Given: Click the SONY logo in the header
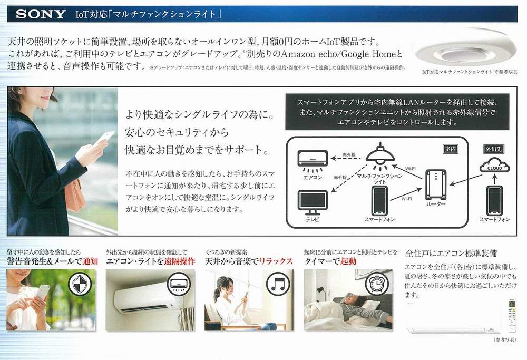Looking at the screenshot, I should (41, 13).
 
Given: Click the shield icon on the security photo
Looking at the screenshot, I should (80, 285).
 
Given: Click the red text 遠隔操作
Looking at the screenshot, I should (179, 261).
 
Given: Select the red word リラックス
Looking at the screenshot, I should (278, 261).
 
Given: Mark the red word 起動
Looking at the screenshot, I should (348, 261).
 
